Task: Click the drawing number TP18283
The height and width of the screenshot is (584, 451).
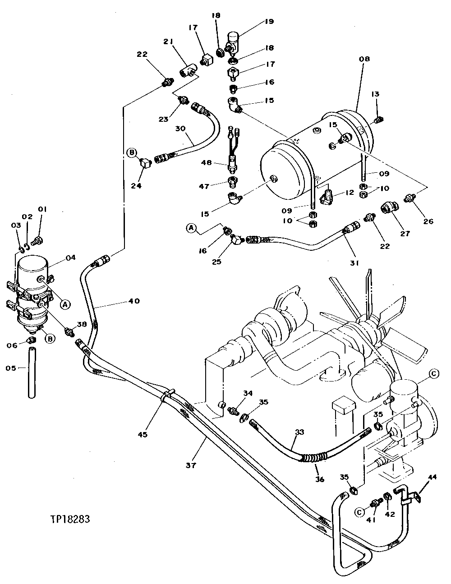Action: tap(70, 519)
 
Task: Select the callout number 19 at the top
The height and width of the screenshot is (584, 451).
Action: tap(269, 21)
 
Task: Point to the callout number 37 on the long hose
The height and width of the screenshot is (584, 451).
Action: tap(191, 465)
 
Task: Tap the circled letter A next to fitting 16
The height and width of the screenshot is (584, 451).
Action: tap(191, 229)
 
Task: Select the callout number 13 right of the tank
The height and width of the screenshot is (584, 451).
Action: tap(376, 94)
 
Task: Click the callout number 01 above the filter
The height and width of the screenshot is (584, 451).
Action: tap(42, 209)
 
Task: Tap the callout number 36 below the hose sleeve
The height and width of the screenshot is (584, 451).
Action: tap(320, 479)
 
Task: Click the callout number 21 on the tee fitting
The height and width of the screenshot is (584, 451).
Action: tap(168, 41)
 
